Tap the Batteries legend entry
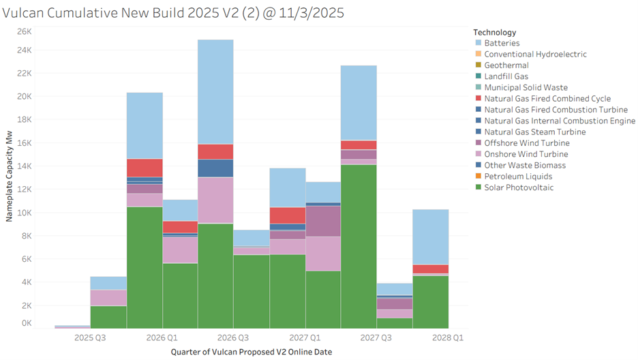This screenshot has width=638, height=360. pos(502,43)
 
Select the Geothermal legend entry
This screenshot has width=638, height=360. pos(506,65)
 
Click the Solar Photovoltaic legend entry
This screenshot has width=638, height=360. pos(519,187)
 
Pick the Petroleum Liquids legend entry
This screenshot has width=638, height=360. pos(514,177)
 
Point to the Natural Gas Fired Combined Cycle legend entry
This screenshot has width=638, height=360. pos(547,99)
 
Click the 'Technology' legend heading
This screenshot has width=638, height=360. pos(494,32)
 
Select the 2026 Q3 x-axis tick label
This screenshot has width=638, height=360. pos(233,337)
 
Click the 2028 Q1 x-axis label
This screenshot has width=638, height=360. pos(448,337)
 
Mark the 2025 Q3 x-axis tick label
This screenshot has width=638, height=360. pos(91,337)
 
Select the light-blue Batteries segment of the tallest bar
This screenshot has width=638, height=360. pos(215,91)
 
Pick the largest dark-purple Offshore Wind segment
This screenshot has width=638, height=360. pos(323,221)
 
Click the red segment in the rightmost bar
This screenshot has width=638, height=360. pos(430,269)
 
